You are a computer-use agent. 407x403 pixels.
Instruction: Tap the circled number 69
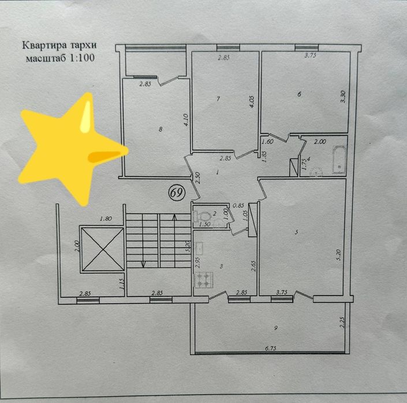tap(177, 193)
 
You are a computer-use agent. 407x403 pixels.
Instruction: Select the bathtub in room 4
tap(339, 160)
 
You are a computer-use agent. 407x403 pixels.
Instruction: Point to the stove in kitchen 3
tap(204, 280)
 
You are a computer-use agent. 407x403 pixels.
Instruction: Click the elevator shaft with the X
tap(103, 249)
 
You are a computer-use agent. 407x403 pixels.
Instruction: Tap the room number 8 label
tap(160, 129)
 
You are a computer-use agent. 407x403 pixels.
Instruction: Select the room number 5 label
tap(296, 232)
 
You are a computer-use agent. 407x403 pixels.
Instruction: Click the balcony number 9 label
tap(275, 328)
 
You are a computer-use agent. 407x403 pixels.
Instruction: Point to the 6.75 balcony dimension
tap(271, 349)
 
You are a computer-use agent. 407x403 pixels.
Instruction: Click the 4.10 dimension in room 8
tap(185, 120)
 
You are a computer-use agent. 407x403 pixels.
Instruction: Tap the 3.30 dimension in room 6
tap(343, 97)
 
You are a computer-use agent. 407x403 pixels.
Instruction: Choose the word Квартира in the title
tap(44, 45)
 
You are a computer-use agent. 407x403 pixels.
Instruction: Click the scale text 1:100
tap(81, 58)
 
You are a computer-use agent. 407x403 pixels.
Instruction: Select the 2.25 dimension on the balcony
tap(342, 322)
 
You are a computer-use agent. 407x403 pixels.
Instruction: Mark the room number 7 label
tap(218, 99)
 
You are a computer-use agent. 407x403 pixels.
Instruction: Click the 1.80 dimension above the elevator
tap(106, 219)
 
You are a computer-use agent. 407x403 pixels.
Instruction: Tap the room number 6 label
tap(299, 94)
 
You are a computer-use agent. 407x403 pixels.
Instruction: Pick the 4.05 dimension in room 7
tap(252, 102)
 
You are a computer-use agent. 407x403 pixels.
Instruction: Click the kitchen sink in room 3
tap(199, 247)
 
